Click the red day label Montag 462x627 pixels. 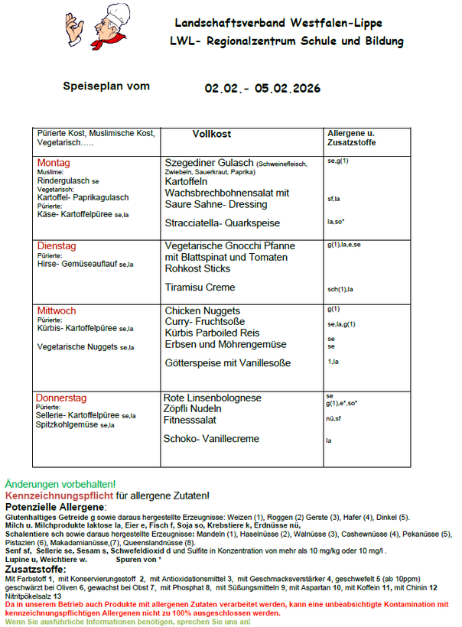[x=54, y=163]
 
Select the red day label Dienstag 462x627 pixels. [x=57, y=246]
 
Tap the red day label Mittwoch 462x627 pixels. [x=57, y=310]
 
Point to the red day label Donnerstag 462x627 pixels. [x=61, y=398]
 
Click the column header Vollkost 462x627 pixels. [x=211, y=135]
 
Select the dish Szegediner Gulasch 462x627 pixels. [x=209, y=163]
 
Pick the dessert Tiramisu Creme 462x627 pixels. [x=200, y=288]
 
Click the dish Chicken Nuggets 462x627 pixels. [x=202, y=310]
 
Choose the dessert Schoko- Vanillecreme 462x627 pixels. [x=211, y=439]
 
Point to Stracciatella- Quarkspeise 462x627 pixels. [x=212, y=223]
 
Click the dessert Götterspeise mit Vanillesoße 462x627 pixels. [x=228, y=362]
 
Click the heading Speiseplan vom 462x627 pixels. [x=106, y=86]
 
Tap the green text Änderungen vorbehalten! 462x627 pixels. [x=60, y=485]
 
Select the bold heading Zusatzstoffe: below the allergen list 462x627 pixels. [x=37, y=570]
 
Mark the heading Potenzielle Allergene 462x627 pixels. [x=56, y=507]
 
